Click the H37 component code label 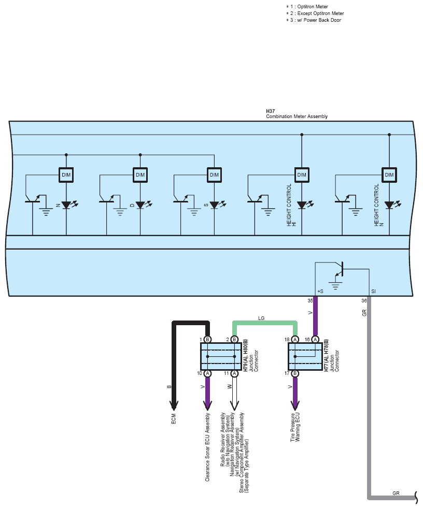click(x=270, y=111)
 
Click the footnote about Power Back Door click(x=314, y=20)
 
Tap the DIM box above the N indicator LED click(x=66, y=174)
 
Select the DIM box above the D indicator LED click(x=140, y=174)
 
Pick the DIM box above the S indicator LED click(x=215, y=174)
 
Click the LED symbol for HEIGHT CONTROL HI click(x=303, y=205)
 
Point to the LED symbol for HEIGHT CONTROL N click(x=391, y=205)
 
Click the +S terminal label click(x=320, y=291)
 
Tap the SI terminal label click(x=373, y=291)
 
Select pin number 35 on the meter click(x=311, y=301)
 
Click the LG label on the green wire click(x=261, y=318)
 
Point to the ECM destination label click(x=174, y=418)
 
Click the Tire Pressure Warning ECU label click(x=295, y=427)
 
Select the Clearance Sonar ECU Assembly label click(x=207, y=447)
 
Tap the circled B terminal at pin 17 click(x=295, y=373)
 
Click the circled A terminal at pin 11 click(x=234, y=373)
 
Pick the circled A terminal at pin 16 click(x=315, y=340)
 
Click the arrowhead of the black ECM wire click(x=174, y=405)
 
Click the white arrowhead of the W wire click(x=234, y=405)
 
